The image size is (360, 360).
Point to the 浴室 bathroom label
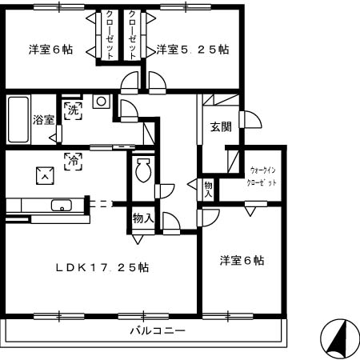pyautogui.click(x=43, y=120)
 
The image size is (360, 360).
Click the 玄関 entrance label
pyautogui.click(x=221, y=126)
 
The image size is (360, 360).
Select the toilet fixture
pyautogui.click(x=143, y=170)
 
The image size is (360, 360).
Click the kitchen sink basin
pyautogui.click(x=60, y=206)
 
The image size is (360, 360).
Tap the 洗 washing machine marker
pyautogui.click(x=73, y=110)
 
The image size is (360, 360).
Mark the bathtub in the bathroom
pyautogui.click(x=18, y=120)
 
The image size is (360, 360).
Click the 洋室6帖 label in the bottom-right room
pyautogui.click(x=242, y=260)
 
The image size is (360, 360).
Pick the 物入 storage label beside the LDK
pyautogui.click(x=143, y=218)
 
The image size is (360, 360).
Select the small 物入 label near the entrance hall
pyautogui.click(x=209, y=190)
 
